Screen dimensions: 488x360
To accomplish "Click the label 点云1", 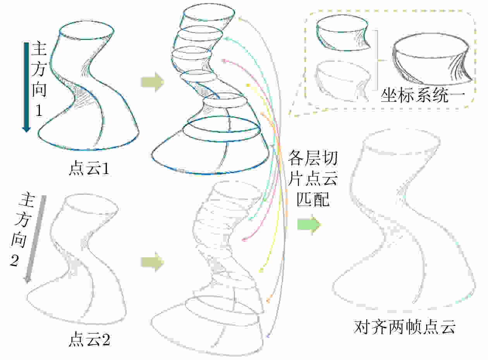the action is coord(89,168).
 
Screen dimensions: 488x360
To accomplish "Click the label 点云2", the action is coord(89,339).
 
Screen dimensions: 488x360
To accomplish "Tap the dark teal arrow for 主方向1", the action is coord(26,87).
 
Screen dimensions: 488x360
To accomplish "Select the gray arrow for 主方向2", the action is coord(35,239).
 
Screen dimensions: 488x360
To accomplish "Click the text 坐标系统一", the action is coord(423,96).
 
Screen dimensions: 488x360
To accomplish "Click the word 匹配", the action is coord(313,199).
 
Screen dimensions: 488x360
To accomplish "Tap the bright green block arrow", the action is coord(309,224).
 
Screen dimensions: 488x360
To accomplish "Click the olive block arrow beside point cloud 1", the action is coord(153,82).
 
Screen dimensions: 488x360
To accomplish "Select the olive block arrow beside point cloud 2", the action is coord(153,262).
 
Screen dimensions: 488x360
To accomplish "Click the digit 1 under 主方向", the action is coord(39,110).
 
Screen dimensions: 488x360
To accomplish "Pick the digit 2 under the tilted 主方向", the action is coord(14,260).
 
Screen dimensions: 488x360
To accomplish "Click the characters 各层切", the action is coord(313,158).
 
